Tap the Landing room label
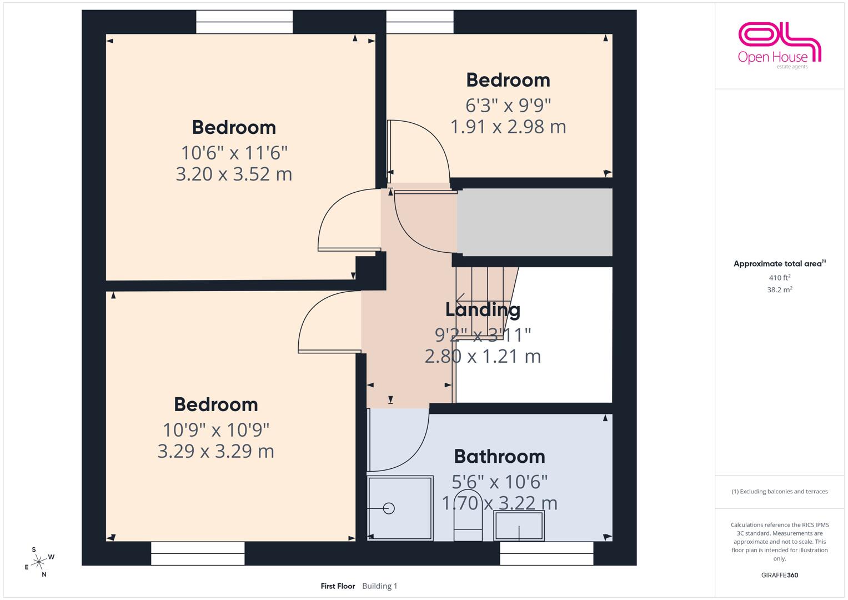483,310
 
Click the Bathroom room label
499,457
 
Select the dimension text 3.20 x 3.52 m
234,174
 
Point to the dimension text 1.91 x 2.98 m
508,127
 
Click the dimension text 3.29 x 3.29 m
216,451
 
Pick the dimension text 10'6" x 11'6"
234,153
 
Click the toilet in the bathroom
468,515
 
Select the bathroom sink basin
519,526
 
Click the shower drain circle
389,508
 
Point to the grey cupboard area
535,222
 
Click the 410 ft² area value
780,277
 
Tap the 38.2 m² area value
780,290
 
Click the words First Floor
338,586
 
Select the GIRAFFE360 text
780,575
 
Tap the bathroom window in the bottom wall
546,553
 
